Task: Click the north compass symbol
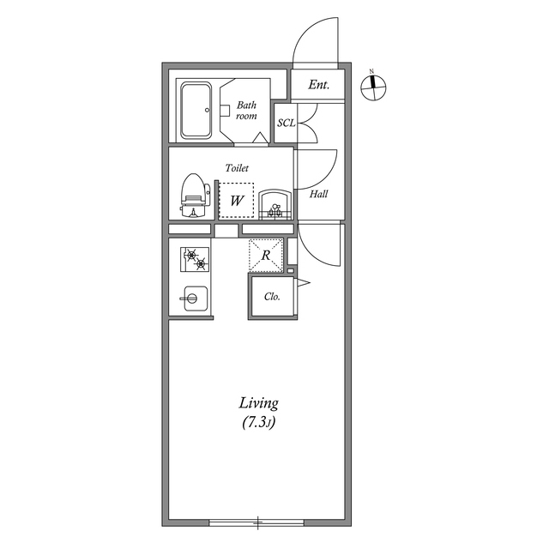coord(374,85)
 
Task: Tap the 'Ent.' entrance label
coord(319,84)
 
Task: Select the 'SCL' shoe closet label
coord(286,124)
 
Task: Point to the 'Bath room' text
coord(246,110)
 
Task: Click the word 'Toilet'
coord(237,169)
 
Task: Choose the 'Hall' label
coord(318,194)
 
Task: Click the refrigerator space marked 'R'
coord(266,255)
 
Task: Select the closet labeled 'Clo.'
coord(272,298)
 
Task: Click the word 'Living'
coord(258,403)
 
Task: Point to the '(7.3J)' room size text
coord(258,423)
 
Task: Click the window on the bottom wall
coord(256,521)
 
